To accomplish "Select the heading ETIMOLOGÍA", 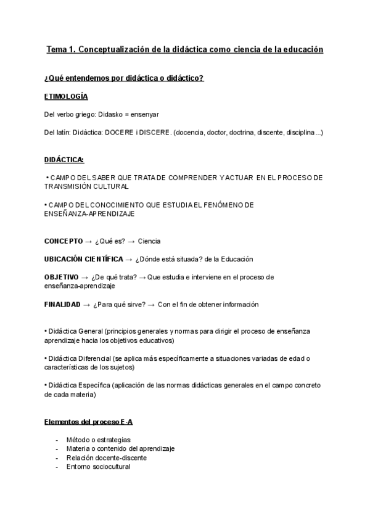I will pos(66,97).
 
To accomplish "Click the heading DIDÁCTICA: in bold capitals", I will pos(64,160).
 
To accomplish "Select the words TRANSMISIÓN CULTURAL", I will pos(86,186).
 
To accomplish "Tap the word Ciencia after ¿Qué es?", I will pos(149,241).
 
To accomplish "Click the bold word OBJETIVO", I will pos(61,277).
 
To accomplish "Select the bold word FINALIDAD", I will pos(62,304).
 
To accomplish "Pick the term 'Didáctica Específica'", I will pos(78,385).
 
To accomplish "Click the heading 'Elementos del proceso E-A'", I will pos(89,422).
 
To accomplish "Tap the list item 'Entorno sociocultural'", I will pos(98,467).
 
